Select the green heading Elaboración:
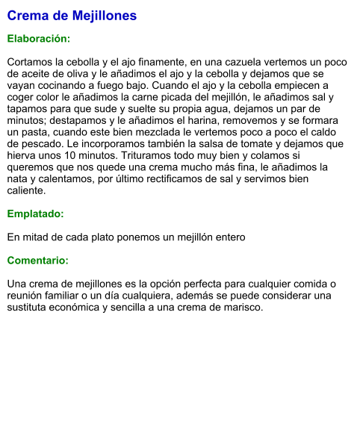(39, 37)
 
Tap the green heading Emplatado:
(35, 214)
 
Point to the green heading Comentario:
(38, 261)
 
